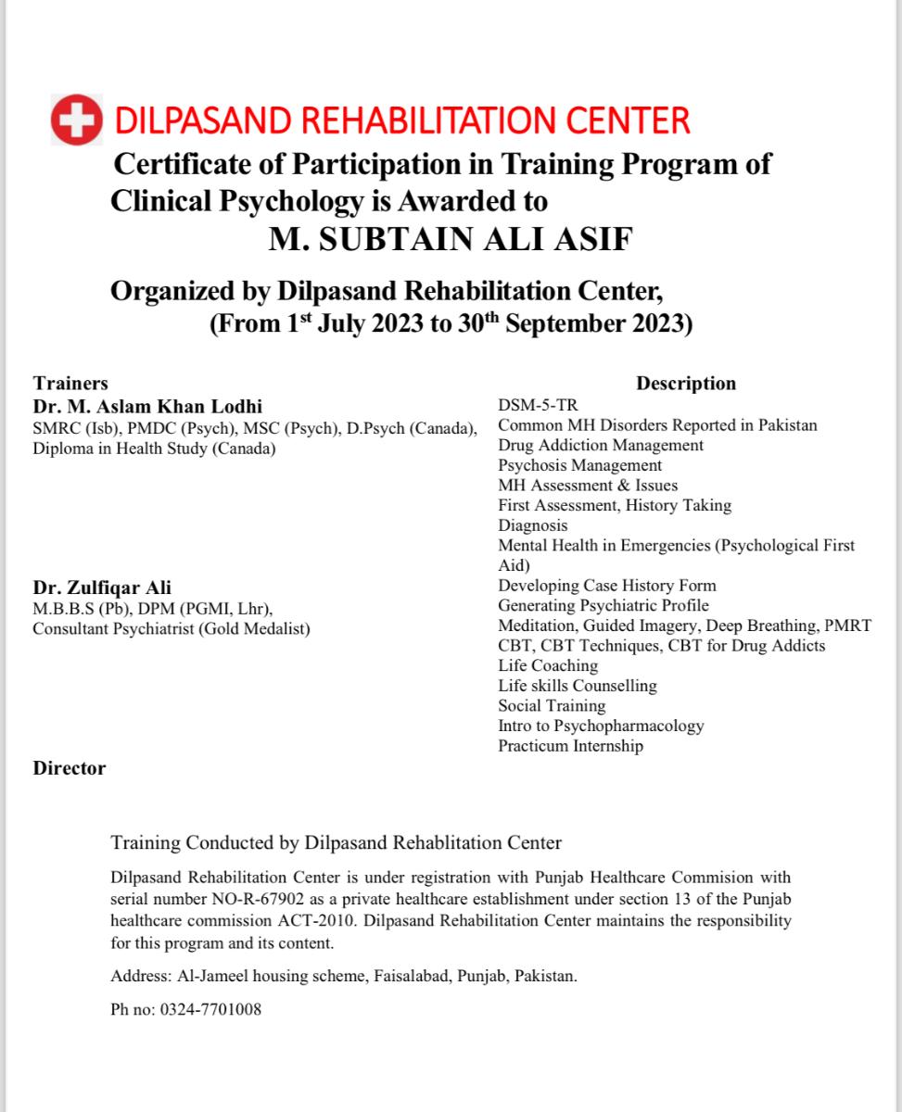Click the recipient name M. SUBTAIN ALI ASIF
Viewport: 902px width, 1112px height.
(451, 240)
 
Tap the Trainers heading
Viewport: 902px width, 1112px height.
(70, 384)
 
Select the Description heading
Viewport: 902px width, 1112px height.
(686, 384)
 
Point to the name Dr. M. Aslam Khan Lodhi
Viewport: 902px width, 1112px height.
(147, 406)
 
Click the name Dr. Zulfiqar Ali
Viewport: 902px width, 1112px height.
(102, 588)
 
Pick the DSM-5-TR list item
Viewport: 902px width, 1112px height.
(538, 405)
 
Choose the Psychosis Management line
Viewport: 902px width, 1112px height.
(580, 465)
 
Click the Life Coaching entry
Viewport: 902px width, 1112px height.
(548, 665)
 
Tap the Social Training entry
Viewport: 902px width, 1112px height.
(552, 705)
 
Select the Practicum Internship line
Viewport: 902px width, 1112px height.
(570, 746)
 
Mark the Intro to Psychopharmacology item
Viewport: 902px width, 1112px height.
(601, 726)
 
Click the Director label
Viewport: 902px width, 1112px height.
(70, 768)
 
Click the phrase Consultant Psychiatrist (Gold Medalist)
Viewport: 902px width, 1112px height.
(172, 628)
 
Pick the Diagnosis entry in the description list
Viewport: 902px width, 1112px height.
(533, 525)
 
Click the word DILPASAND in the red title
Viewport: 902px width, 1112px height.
(202, 120)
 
